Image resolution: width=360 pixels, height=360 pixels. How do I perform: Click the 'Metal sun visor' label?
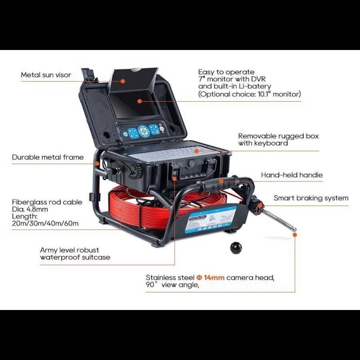click(46, 75)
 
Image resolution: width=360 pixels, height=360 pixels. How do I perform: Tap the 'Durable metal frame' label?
click(48, 157)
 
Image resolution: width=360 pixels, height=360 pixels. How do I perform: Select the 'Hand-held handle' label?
click(292, 175)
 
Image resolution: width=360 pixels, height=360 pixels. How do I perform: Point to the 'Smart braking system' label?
click(311, 198)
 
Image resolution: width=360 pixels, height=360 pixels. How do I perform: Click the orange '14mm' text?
click(210, 278)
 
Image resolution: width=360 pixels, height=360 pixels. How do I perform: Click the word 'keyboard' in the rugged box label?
click(272, 143)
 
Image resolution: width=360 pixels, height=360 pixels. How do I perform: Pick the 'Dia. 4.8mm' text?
click(30, 209)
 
